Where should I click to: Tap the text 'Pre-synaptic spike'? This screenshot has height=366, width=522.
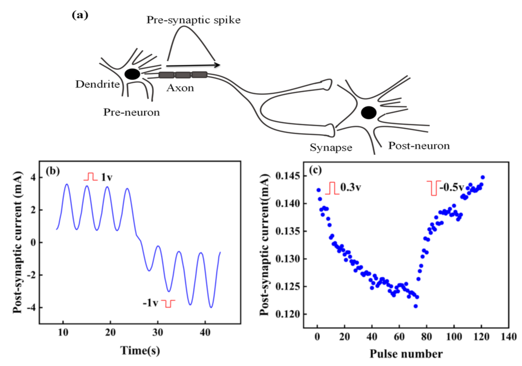pos(193,20)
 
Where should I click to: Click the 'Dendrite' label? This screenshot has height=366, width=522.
pos(98,84)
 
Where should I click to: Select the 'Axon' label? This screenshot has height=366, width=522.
pos(180,88)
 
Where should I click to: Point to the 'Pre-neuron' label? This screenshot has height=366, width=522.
pos(131,112)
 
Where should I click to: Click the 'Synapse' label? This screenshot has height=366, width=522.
pos(331,147)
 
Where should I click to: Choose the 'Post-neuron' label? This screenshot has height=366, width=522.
pos(419,146)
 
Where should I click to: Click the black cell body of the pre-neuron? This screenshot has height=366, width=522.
pos(132,74)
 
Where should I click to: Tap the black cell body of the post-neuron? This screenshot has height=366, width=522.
pos(369,113)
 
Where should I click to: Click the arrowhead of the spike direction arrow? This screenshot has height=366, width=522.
pos(217,65)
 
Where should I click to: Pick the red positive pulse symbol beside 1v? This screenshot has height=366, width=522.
pos(91,177)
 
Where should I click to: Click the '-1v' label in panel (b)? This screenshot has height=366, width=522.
pos(150,303)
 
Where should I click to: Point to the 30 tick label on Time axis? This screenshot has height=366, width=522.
pos(158,332)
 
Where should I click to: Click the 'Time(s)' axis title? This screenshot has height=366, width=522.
pos(140,350)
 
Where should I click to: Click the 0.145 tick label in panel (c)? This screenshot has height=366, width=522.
pos(287,176)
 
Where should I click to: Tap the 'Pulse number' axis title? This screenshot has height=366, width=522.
pos(406,354)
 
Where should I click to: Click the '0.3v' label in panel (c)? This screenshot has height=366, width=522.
pos(351,187)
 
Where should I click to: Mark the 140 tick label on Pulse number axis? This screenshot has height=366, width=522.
pos(509,337)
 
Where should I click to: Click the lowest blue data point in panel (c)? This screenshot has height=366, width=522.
pos(415,306)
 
